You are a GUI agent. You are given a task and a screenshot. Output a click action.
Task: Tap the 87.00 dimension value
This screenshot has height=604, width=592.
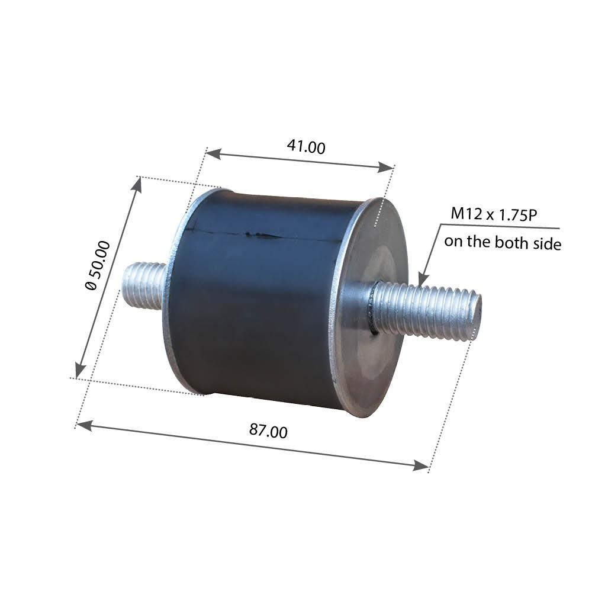pos(268,430)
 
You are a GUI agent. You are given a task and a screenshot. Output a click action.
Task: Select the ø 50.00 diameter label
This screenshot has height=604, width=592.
pos(98,265)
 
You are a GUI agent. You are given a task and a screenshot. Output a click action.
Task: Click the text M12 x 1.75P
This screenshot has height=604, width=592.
pos(494,214)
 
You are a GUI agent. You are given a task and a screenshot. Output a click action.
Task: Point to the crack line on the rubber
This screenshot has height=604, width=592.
pos(260,235)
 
